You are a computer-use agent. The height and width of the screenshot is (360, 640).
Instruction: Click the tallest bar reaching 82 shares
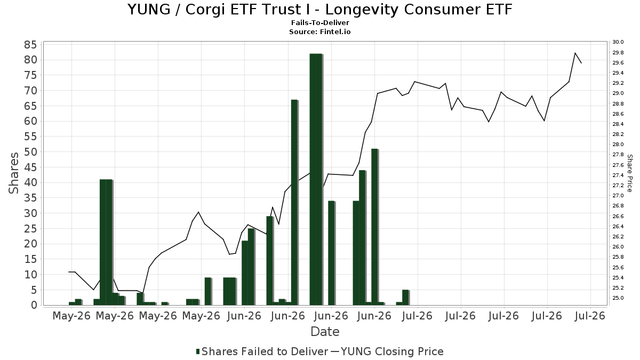(316, 179)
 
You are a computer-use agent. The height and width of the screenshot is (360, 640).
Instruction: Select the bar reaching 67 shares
(294, 202)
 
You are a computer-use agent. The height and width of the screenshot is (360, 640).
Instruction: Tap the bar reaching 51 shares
(374, 227)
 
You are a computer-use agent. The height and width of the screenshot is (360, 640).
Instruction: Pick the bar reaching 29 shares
(269, 261)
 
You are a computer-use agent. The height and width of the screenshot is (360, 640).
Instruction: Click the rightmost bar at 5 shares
(405, 298)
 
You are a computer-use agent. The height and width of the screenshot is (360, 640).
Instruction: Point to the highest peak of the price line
(575, 53)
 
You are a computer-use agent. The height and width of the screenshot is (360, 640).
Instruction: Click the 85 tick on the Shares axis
(30, 45)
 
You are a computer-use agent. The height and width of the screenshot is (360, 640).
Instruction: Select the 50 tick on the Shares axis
(30, 151)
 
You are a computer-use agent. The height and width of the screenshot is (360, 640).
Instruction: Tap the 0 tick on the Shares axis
(34, 305)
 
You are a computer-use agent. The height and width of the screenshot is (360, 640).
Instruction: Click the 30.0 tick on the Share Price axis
(618, 42)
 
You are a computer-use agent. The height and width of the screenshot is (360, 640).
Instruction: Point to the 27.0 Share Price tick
(618, 196)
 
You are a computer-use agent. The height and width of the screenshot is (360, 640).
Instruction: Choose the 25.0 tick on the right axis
(618, 298)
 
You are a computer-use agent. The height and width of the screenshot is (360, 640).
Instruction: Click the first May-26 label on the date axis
(71, 316)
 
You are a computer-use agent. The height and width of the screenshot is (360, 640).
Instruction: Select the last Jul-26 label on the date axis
(590, 316)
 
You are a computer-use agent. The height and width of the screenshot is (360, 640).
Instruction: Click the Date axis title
(325, 332)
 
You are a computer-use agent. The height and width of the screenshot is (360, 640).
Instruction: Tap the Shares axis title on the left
(13, 173)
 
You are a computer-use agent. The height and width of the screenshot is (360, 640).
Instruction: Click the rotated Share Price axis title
(629, 173)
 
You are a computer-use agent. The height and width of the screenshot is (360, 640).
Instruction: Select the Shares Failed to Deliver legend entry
(262, 351)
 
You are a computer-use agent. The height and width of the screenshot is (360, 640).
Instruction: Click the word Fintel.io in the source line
(335, 31)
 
